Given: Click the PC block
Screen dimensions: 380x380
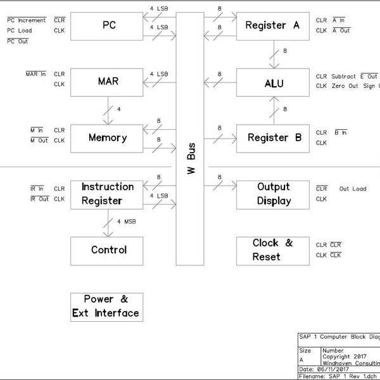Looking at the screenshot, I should (107, 26).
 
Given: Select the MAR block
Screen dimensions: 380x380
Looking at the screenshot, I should (107, 82).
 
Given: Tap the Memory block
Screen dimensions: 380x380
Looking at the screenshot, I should (107, 137).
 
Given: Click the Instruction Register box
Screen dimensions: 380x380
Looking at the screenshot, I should (107, 194).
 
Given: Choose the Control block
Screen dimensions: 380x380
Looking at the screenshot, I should (107, 250).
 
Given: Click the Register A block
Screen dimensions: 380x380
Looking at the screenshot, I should (272, 26).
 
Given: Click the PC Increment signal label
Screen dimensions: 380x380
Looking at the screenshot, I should (27, 20).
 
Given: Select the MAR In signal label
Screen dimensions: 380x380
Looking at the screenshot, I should (35, 74).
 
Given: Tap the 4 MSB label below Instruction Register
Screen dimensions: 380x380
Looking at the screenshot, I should (127, 222).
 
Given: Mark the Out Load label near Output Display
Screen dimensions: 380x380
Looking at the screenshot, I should (352, 189).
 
